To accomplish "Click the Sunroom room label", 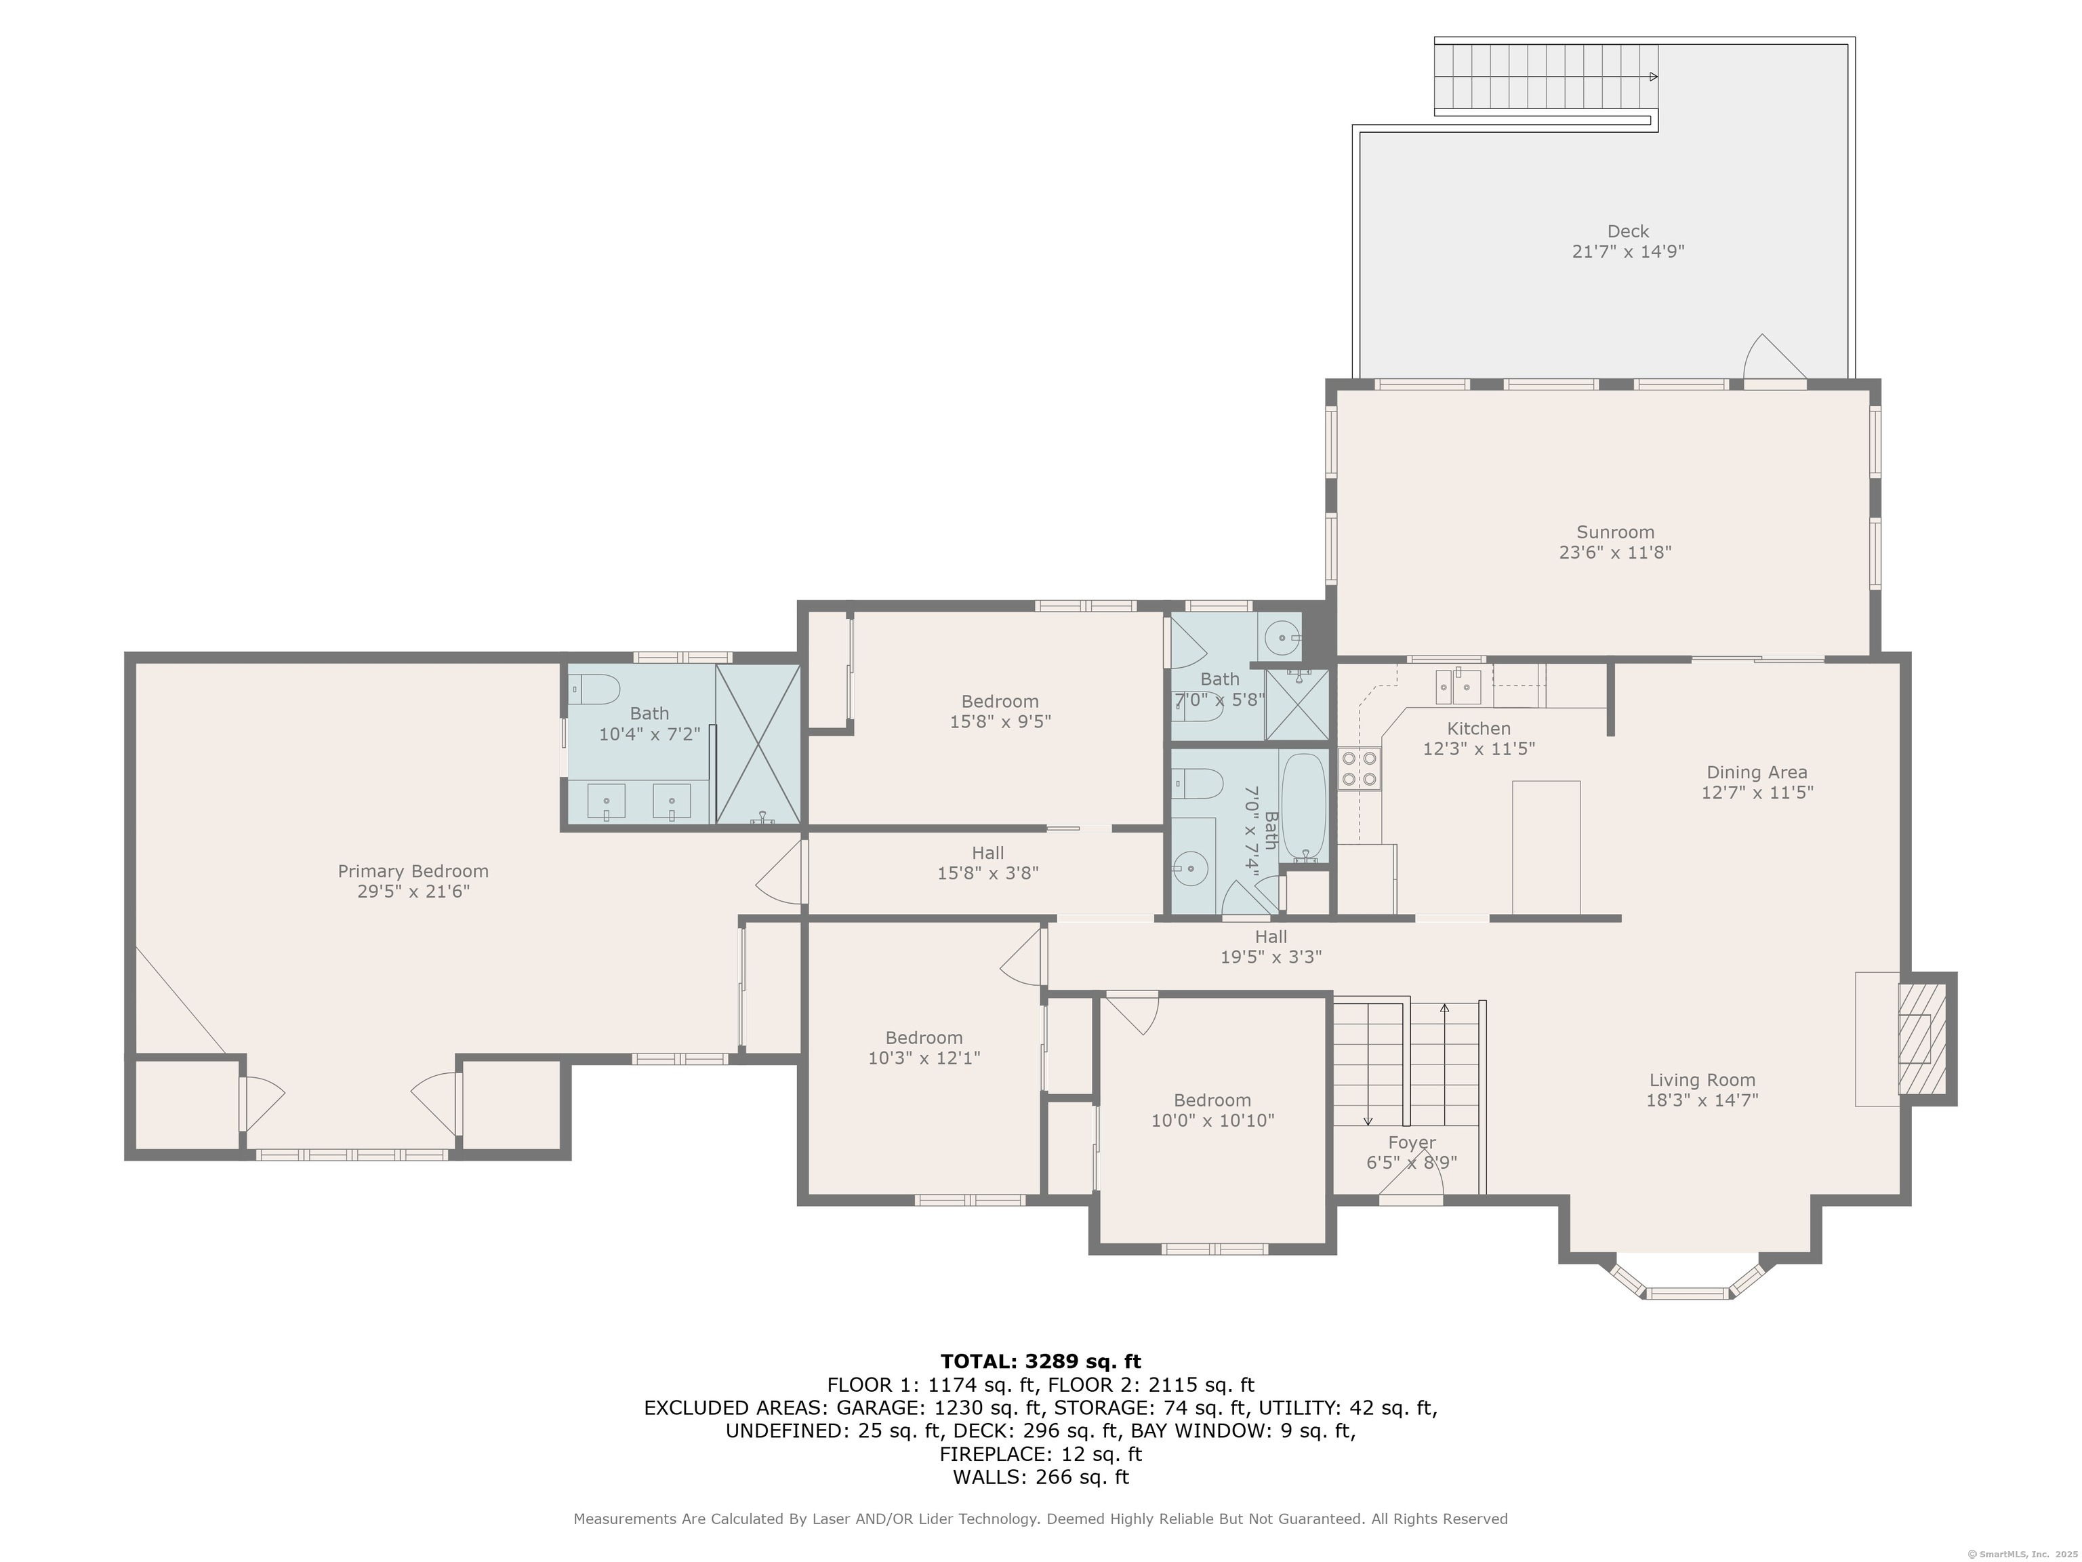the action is pos(1615,532).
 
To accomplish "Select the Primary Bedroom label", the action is pos(413,872).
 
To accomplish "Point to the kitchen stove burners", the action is pos(1358,767).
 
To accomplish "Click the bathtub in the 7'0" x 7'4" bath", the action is pos(1303,808).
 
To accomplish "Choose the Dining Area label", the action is pos(1756,773).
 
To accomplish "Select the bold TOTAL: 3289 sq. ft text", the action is pos(1040,1361).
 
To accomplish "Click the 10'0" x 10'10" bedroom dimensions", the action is pos(1212,1121).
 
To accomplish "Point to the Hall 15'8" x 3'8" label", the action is pos(987,862).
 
